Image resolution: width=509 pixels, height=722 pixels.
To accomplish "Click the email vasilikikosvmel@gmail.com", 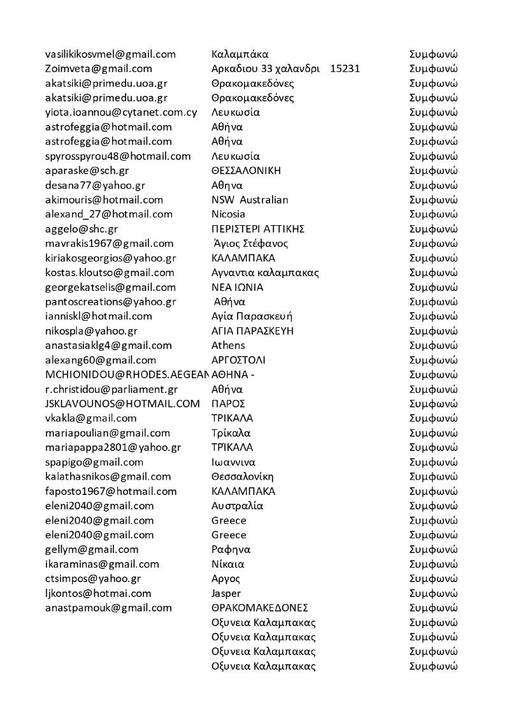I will (x=110, y=54).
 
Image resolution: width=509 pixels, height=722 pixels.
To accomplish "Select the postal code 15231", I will (x=345, y=69).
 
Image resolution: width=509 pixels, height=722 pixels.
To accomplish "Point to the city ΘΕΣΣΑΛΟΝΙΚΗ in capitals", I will (x=246, y=171).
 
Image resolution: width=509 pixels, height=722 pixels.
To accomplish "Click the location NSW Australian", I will (x=250, y=200).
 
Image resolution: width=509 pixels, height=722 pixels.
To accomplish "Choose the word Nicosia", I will (x=228, y=214).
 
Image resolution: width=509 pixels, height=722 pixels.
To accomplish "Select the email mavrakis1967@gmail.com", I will (x=110, y=244).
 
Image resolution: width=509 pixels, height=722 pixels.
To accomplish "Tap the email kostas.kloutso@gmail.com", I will (x=110, y=273).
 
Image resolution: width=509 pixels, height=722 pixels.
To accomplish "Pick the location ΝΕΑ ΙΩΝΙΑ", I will (x=237, y=288).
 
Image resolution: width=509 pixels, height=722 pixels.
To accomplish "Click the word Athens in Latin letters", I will (x=228, y=346).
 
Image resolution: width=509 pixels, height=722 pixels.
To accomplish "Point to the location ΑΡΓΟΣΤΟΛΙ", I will (x=238, y=360).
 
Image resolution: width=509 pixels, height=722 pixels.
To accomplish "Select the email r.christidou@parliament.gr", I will (x=111, y=389).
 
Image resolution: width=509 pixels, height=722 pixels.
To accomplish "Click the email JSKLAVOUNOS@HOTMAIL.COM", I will (x=122, y=404).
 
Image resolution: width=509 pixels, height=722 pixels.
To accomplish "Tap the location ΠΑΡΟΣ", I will (x=228, y=404).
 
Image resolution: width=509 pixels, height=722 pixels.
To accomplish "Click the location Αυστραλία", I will (x=237, y=506).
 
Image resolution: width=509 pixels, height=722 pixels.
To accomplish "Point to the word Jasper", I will (x=226, y=594).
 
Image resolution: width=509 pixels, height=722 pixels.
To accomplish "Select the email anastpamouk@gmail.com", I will (x=108, y=608).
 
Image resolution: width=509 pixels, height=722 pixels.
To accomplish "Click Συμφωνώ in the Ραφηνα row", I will (x=433, y=550).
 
